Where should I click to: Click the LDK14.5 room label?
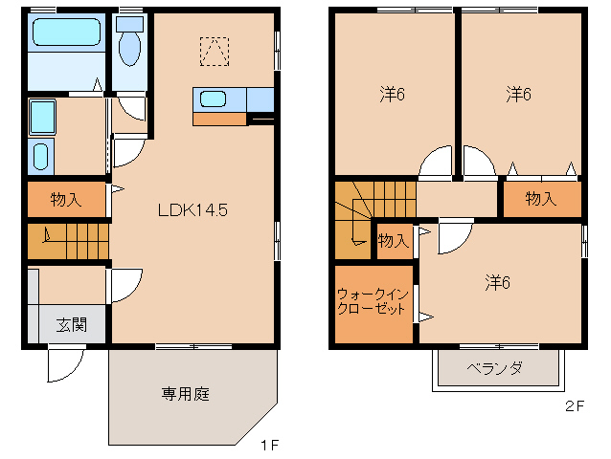192,210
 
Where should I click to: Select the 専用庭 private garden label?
184,393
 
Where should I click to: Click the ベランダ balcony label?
494,368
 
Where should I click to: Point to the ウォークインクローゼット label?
373,302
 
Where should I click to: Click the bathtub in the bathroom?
63,34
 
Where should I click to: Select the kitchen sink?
212,98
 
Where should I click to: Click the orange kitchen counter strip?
219,120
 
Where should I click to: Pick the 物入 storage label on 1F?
65,200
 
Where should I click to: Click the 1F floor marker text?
269,445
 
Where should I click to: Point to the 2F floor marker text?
574,405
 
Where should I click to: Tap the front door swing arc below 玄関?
65,364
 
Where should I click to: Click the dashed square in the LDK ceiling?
215,50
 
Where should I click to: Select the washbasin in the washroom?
41,156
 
